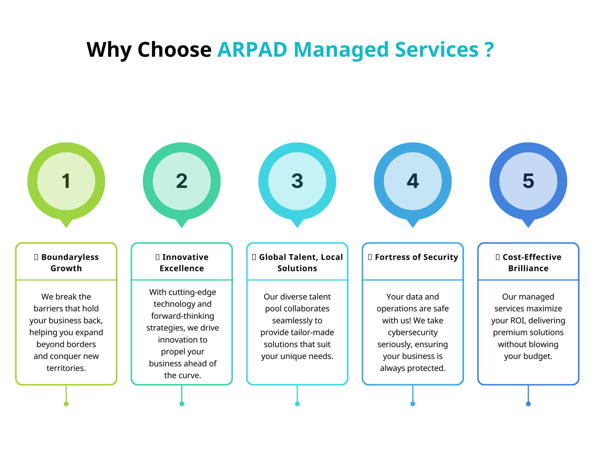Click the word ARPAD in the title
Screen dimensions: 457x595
(252, 49)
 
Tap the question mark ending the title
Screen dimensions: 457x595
(489, 49)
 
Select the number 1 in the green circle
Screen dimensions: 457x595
(66, 181)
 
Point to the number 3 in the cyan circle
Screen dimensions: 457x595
(297, 181)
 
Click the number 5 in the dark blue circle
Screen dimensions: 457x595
(528, 181)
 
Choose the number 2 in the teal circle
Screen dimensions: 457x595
(182, 181)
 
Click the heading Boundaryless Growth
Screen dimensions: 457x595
(66, 262)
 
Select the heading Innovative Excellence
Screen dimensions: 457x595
(182, 262)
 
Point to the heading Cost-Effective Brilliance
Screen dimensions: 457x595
(528, 262)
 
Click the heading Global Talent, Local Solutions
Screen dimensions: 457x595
(297, 262)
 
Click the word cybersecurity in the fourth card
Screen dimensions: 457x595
(413, 332)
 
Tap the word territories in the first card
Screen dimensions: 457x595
(66, 368)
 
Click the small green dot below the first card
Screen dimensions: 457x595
(66, 404)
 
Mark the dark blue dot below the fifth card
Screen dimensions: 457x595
(528, 404)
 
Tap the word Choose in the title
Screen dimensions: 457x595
(174, 49)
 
